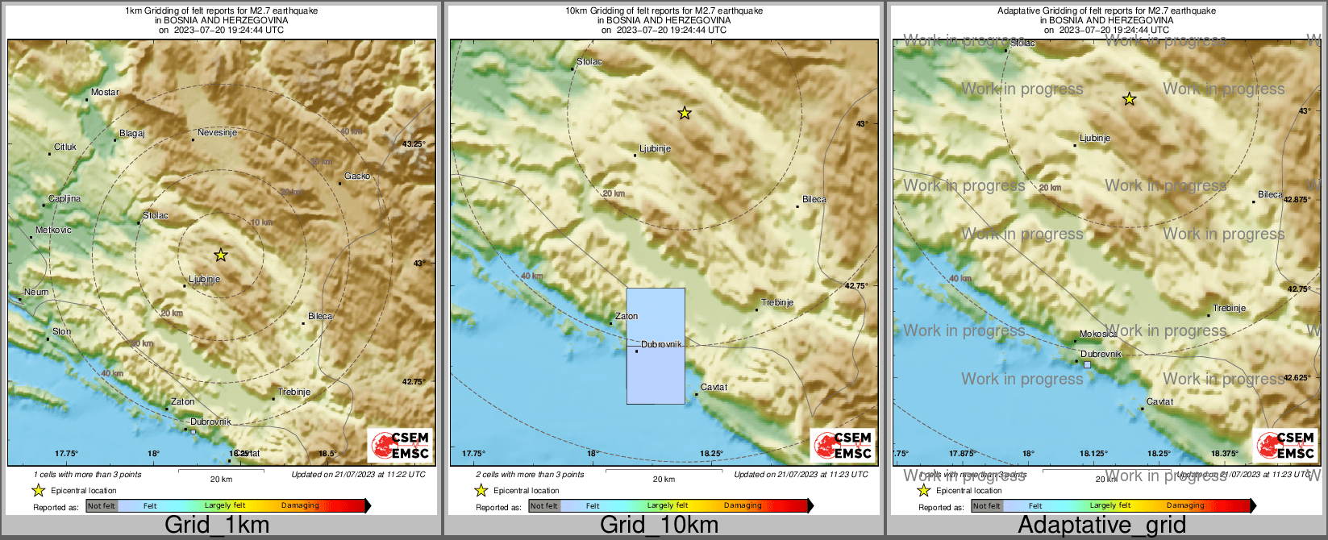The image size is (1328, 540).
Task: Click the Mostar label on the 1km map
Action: (x=105, y=93)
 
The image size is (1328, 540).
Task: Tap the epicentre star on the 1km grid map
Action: (x=221, y=255)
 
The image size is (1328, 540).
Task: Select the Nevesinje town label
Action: (x=217, y=133)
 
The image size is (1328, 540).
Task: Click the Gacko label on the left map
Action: (x=357, y=177)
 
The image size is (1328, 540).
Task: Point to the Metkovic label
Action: (x=53, y=231)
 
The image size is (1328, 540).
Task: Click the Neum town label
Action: (x=36, y=293)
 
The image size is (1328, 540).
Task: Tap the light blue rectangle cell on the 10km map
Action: (x=656, y=346)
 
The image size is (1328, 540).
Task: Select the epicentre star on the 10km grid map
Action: (x=685, y=114)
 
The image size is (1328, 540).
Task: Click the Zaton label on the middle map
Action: (x=627, y=317)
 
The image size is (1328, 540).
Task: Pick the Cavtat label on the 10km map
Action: (x=714, y=388)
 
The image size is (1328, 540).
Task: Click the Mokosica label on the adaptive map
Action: (x=1098, y=334)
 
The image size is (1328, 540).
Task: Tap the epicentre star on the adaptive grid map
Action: (x=1130, y=99)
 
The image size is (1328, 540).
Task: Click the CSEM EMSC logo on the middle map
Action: (x=843, y=445)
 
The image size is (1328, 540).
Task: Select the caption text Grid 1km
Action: (x=217, y=525)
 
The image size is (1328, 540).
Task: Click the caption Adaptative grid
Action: (x=1101, y=525)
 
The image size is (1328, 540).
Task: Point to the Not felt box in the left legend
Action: (x=102, y=506)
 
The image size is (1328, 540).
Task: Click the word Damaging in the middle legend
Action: (x=743, y=506)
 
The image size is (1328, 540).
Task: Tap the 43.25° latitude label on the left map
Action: (x=413, y=144)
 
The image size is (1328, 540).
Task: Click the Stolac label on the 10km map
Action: (x=589, y=62)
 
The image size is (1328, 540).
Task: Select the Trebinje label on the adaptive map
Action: (x=1230, y=309)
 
